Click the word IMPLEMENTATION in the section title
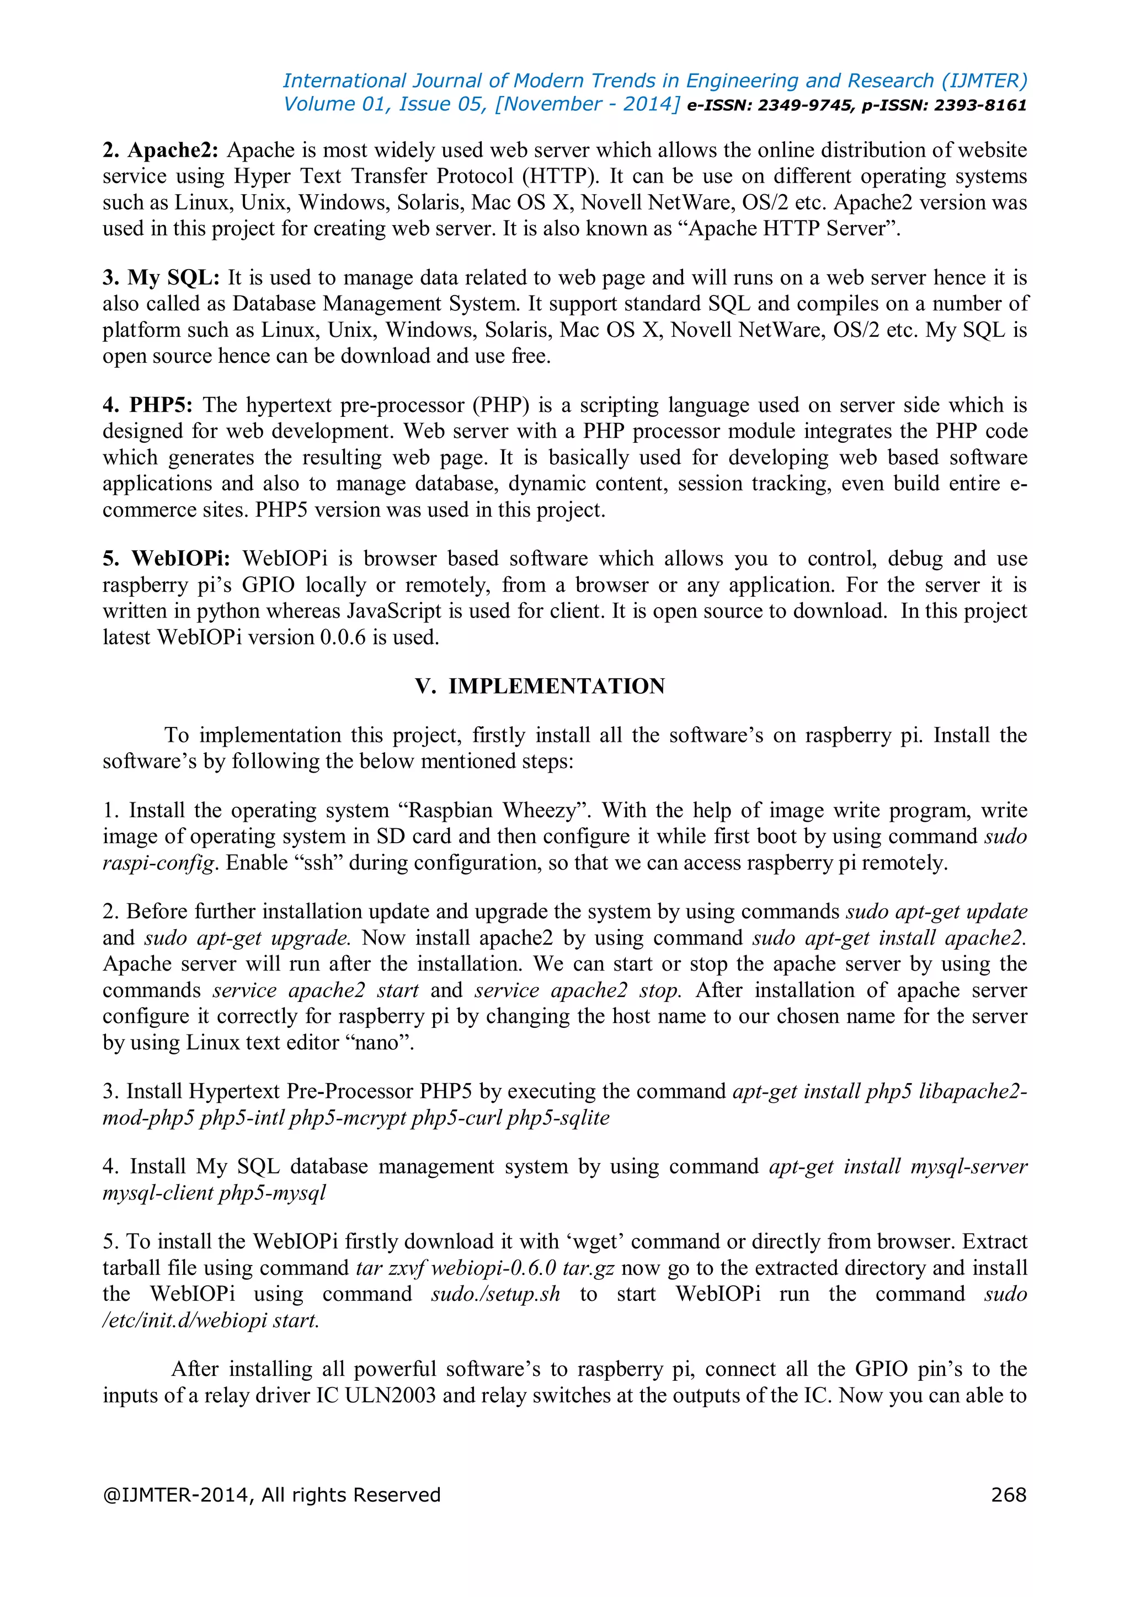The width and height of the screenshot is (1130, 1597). (557, 687)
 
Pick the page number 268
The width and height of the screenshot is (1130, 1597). (1008, 1495)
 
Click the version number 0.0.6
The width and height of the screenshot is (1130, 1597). (342, 638)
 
